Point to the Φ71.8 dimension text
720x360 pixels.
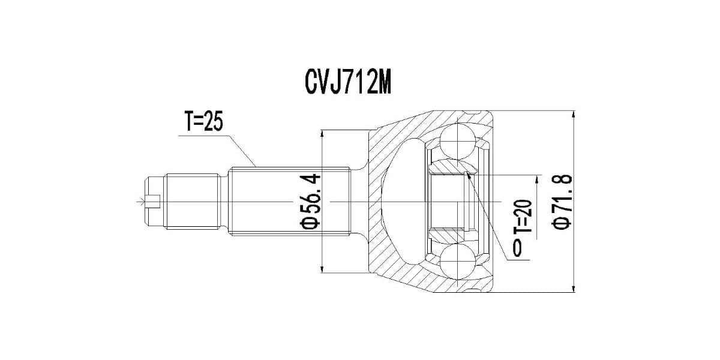click(562, 201)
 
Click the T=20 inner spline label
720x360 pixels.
click(523, 217)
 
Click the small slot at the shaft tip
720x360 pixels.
click(152, 202)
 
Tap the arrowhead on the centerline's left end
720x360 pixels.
click(143, 202)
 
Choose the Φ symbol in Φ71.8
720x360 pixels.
click(562, 223)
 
